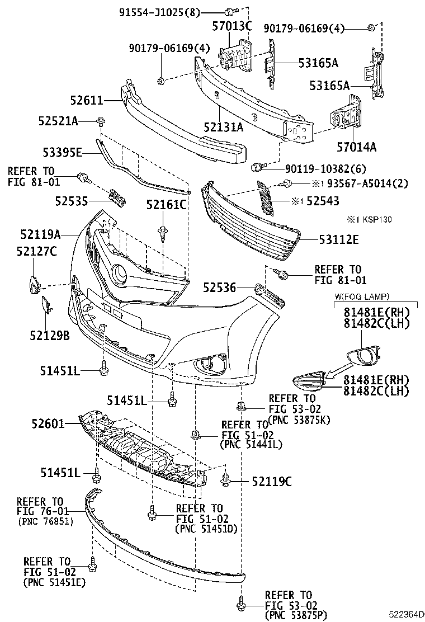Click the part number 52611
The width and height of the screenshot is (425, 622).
(x=87, y=101)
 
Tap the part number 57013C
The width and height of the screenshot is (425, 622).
(x=232, y=25)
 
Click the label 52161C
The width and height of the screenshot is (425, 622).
(x=166, y=204)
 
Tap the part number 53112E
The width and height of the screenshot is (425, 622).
(x=339, y=240)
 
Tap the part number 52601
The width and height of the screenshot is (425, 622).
(x=50, y=423)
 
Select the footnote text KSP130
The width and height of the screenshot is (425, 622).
(x=378, y=219)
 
